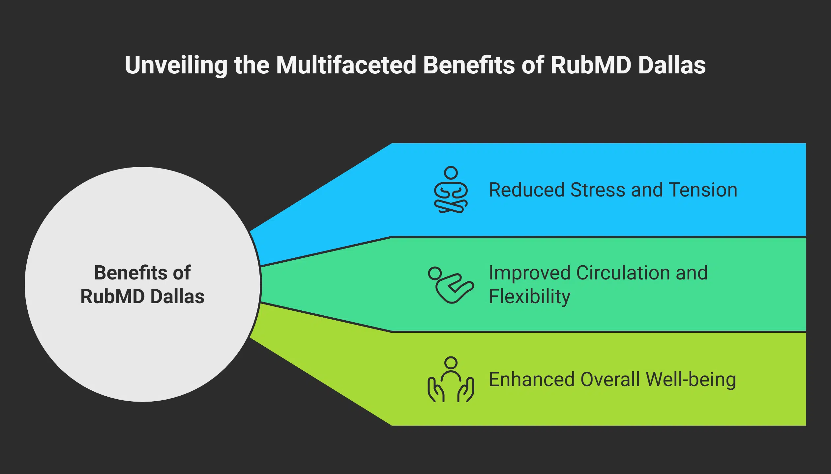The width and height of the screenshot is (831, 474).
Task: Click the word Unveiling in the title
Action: (176, 65)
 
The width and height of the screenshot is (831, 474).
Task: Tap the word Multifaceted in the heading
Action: (346, 65)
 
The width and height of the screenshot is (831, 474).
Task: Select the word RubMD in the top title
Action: (591, 65)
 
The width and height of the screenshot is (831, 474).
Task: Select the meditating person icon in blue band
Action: (451, 190)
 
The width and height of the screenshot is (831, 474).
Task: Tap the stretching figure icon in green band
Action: (451, 285)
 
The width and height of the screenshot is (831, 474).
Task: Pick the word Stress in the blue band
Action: (597, 190)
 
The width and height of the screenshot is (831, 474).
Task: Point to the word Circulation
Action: (623, 273)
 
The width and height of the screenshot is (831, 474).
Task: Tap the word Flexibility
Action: (529, 297)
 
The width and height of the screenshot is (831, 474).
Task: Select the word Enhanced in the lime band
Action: (531, 380)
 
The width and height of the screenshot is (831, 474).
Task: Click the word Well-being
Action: (691, 380)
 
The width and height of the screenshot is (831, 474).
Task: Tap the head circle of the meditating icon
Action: (451, 172)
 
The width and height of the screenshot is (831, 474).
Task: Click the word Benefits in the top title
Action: (469, 65)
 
